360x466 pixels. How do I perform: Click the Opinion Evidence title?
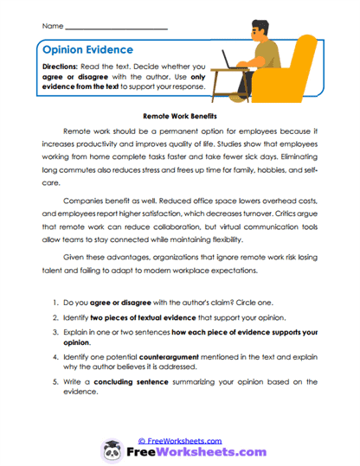(x=87, y=51)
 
